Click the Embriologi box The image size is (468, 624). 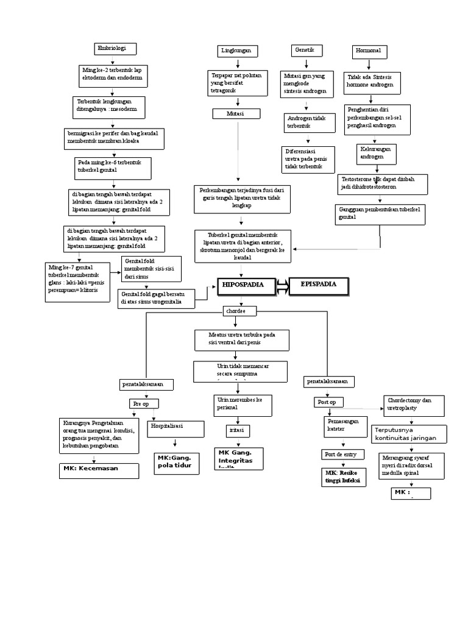click(x=115, y=49)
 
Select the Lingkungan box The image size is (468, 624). click(x=237, y=51)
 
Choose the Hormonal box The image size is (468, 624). click(x=368, y=51)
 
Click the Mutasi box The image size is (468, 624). click(x=236, y=114)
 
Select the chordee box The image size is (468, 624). click(x=238, y=311)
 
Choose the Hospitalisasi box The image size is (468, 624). click(x=175, y=428)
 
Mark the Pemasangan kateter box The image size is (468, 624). click(x=343, y=425)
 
